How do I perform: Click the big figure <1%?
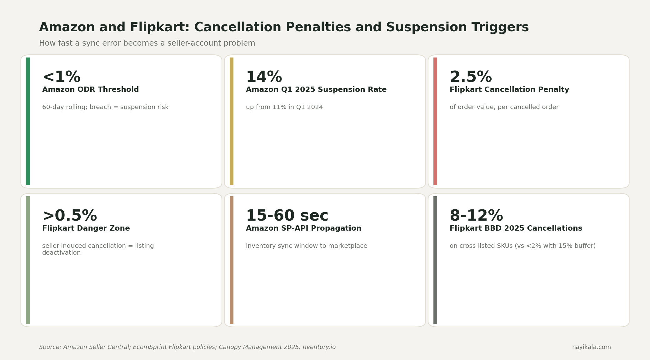tap(61, 77)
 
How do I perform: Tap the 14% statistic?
tap(264, 77)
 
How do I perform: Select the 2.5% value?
tap(471, 77)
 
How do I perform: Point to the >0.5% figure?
tap(69, 216)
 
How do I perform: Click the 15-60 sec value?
tap(287, 216)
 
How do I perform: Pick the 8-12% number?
tap(476, 216)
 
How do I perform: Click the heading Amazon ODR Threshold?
tap(90, 90)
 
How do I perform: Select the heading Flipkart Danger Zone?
tap(86, 228)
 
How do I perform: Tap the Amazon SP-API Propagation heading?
tap(303, 228)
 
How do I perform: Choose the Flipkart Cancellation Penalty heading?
tap(509, 90)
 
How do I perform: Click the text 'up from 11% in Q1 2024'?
tap(284, 107)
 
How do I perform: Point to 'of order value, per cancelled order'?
tap(504, 107)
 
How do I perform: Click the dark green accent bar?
tap(28, 121)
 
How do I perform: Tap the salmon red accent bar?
tap(435, 121)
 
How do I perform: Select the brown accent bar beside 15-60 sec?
tap(231, 260)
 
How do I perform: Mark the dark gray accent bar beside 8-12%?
tap(435, 260)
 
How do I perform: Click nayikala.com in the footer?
tap(591, 347)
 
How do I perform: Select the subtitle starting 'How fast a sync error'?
tap(147, 43)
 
